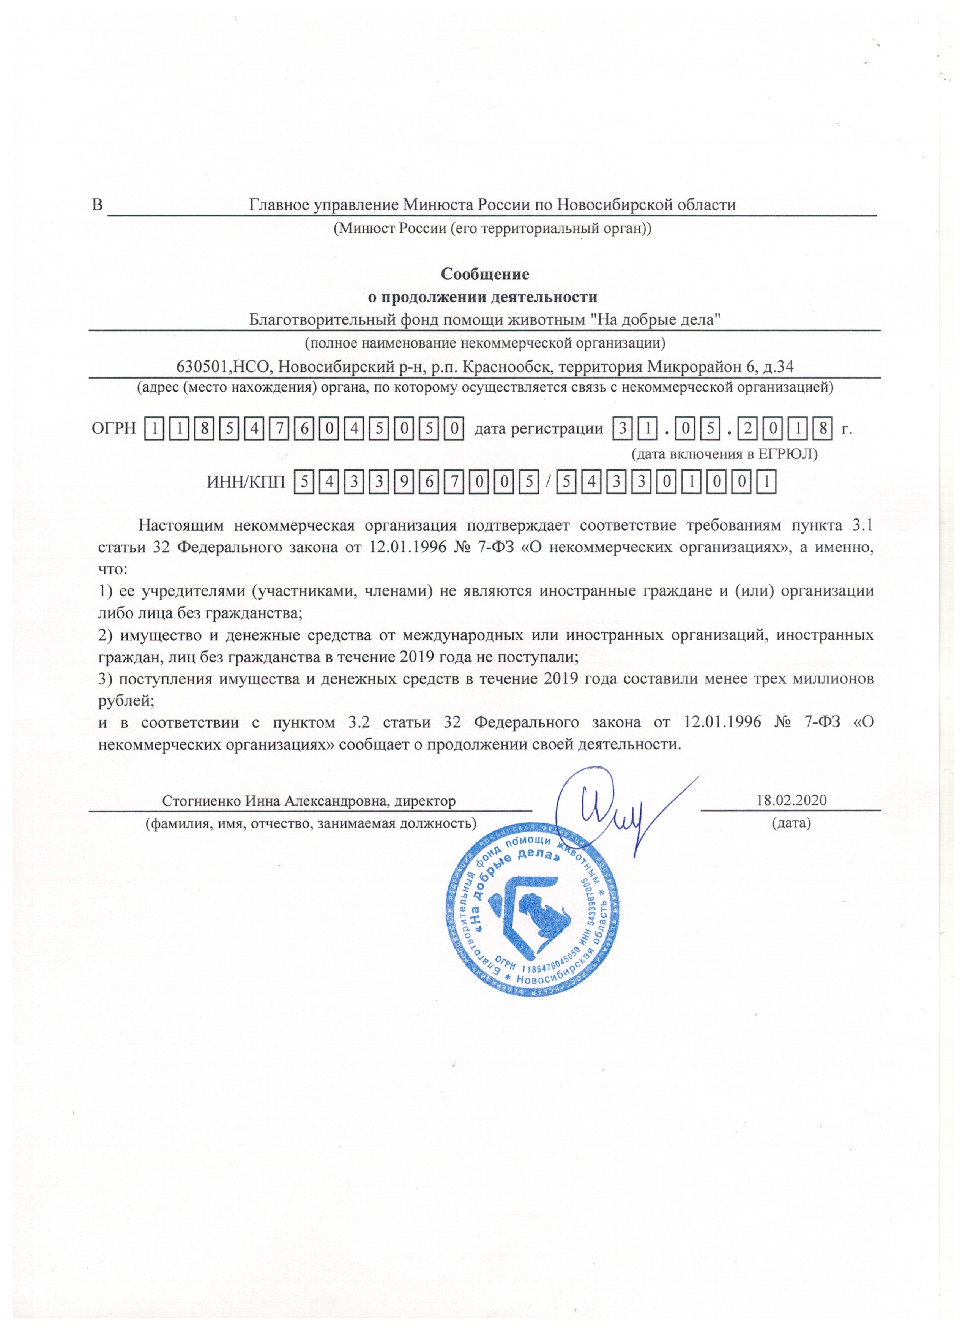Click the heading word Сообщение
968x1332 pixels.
pos(484,274)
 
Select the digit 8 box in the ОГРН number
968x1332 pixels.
pos(204,429)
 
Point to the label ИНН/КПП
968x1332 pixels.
pos(246,483)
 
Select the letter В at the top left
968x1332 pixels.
pos(98,205)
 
